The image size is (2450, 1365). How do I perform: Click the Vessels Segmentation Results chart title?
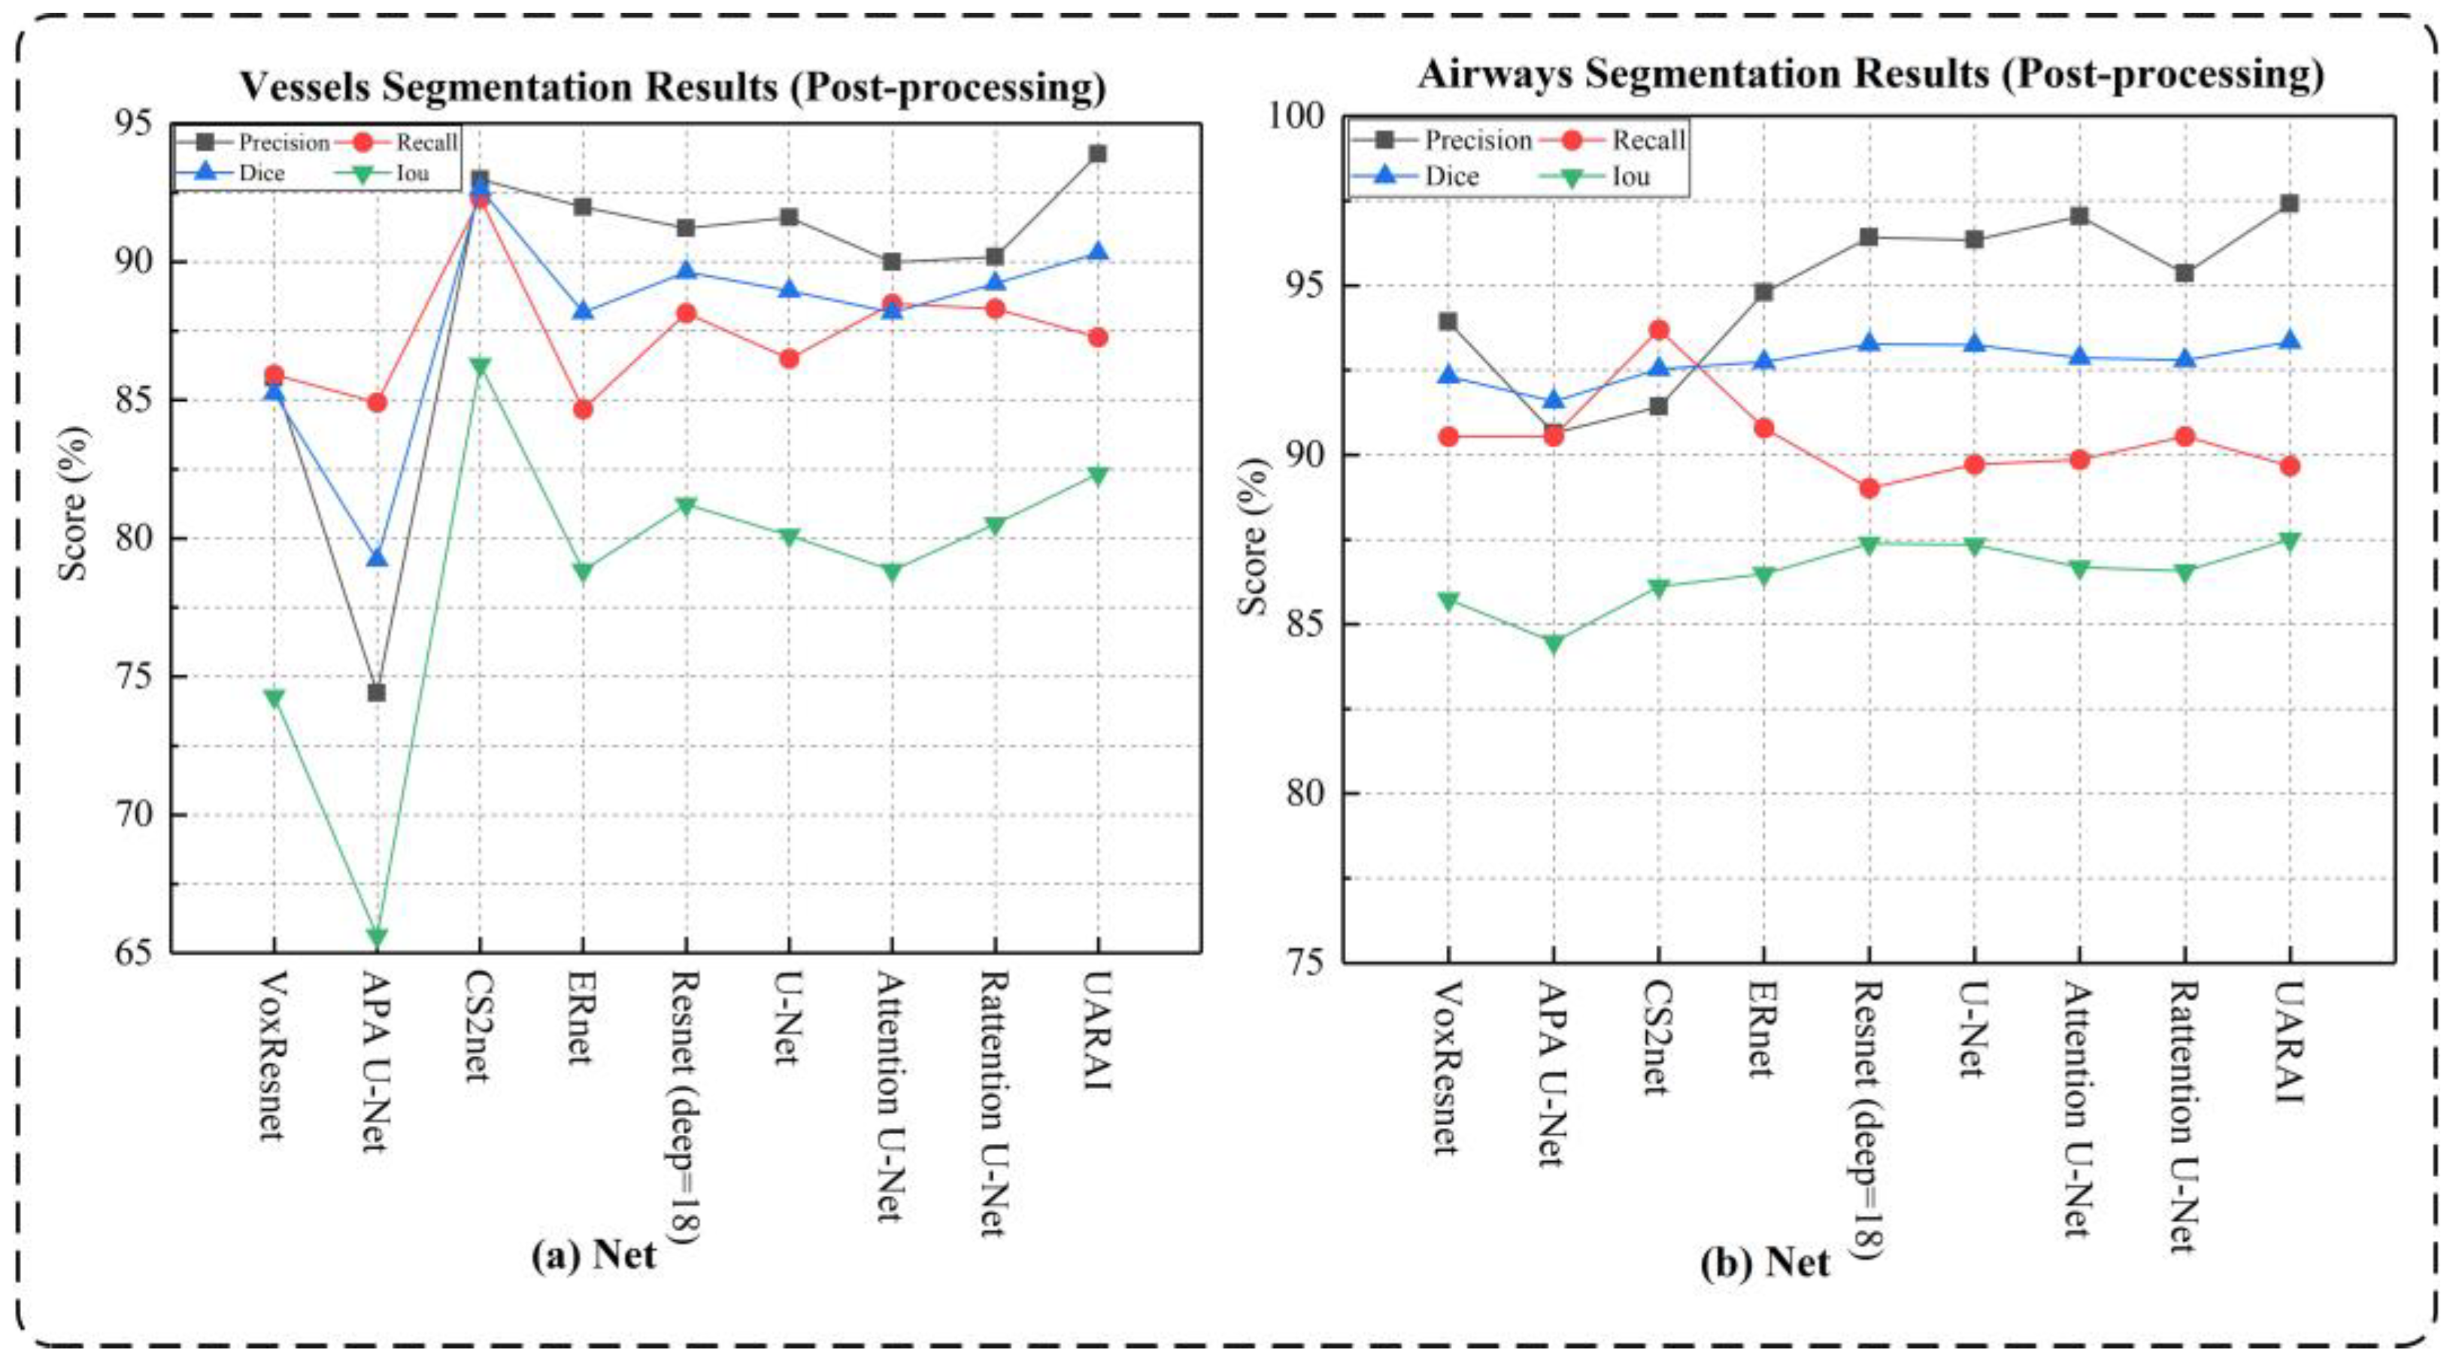click(672, 87)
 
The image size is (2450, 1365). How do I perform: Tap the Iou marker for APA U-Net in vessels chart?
click(377, 938)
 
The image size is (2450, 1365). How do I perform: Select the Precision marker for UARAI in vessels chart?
click(1098, 153)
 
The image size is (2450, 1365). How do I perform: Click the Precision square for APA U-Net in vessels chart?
click(377, 692)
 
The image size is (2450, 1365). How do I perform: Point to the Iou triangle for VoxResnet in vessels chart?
click(274, 698)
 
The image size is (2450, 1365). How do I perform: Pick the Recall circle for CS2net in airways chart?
click(1659, 330)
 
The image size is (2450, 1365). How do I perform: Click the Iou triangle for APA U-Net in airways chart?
click(1553, 644)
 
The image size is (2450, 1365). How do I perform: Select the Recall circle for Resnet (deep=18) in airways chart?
click(1869, 488)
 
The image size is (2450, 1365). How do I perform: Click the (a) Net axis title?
click(593, 1254)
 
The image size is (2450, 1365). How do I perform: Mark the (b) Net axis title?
click(1765, 1262)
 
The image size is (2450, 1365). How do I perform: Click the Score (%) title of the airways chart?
click(1254, 538)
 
